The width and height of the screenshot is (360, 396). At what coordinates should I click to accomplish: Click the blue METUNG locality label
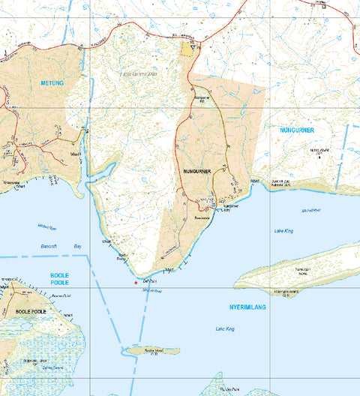(53, 83)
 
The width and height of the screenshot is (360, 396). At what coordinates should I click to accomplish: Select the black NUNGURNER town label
(197, 172)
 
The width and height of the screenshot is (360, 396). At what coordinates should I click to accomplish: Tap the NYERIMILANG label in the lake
(247, 307)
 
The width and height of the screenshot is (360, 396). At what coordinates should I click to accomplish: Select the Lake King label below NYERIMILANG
(226, 329)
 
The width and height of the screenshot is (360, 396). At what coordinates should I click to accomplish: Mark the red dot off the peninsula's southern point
(135, 283)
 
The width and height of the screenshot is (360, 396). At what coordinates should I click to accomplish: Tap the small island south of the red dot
(151, 350)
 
